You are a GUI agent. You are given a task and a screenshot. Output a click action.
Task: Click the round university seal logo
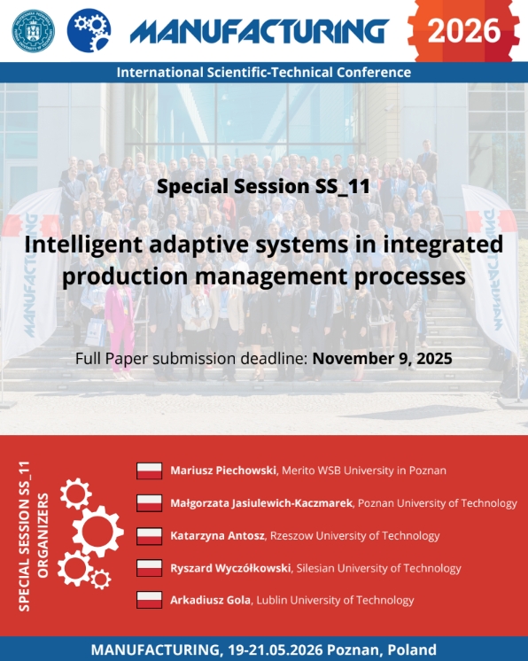(34, 31)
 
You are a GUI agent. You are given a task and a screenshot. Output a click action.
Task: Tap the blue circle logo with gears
(89, 31)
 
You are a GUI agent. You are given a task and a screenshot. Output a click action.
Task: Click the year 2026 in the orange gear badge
(464, 31)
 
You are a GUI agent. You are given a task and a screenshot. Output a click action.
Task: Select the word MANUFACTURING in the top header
(260, 31)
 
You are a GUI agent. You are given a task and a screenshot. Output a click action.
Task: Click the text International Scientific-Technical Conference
(264, 73)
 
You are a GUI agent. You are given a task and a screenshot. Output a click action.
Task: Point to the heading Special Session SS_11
(264, 186)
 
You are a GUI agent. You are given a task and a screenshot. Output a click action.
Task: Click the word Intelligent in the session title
(83, 245)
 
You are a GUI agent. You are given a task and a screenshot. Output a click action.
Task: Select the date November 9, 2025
(382, 358)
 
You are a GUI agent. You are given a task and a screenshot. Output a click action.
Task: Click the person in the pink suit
(120, 323)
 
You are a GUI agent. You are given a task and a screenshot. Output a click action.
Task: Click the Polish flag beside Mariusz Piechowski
(149, 470)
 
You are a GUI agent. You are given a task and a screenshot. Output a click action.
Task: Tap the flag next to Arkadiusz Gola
(149, 600)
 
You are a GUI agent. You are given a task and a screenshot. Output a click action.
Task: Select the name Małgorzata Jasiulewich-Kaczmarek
(261, 503)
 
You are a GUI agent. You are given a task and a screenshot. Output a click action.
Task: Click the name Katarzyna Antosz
(217, 536)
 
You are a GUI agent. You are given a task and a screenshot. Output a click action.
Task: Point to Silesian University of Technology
(379, 568)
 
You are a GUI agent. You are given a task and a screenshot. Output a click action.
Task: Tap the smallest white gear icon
(101, 579)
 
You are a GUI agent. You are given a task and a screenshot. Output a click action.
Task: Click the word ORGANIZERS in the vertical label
(43, 535)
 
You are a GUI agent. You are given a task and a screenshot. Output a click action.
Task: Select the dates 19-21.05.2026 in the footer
(276, 649)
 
